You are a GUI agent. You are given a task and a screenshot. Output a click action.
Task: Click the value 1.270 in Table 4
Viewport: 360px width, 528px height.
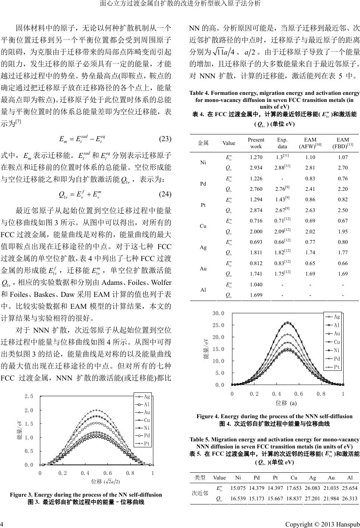[x=256, y=158]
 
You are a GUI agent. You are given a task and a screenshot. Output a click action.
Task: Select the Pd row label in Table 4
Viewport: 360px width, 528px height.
[x=203, y=184]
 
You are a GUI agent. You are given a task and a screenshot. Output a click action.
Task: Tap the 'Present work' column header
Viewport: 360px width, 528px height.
[x=256, y=143]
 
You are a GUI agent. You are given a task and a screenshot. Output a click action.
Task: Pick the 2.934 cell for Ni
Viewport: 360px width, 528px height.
[x=256, y=168]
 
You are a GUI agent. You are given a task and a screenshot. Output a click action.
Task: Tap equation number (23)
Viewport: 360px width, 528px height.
[x=165, y=139]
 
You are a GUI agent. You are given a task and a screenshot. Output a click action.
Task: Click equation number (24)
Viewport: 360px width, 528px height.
[x=165, y=194]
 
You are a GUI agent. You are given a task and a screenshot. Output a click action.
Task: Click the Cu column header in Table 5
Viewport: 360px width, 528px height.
[x=294, y=478]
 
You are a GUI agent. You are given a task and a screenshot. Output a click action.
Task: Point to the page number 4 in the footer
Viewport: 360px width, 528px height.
[x=3, y=522]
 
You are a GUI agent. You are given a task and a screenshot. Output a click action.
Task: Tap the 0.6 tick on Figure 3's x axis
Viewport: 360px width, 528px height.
[x=108, y=473]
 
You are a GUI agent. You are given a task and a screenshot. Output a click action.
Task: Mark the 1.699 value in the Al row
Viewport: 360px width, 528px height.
[x=256, y=295]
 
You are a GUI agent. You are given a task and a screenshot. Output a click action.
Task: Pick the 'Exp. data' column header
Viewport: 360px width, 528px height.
[x=282, y=143]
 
